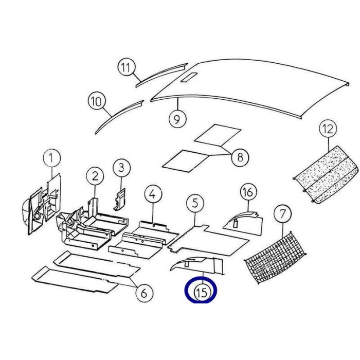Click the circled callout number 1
tap(52, 158)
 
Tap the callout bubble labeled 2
tap(95, 176)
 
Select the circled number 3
tap(122, 168)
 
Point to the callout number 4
tap(153, 194)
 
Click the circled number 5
tap(195, 203)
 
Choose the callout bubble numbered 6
tap(145, 293)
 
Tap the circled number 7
tap(283, 214)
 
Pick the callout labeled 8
tap(240, 157)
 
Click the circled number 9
tap(177, 119)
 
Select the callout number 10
tap(97, 101)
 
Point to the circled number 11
tap(127, 67)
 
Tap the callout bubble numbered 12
tap(328, 129)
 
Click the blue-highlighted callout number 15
tap(201, 290)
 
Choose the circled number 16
tap(248, 192)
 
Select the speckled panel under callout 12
tap(326, 174)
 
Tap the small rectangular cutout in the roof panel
tap(189, 77)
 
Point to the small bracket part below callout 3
tap(119, 200)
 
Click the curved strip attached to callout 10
tap(119, 117)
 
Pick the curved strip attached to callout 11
tap(161, 76)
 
